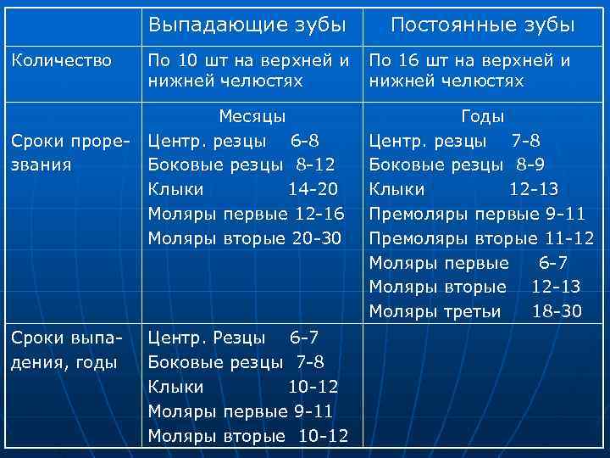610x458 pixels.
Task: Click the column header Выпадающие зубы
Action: (x=247, y=25)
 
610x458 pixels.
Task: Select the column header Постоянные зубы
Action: (x=482, y=25)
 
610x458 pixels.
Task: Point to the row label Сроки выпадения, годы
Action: (x=66, y=351)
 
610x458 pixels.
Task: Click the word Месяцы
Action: (x=252, y=115)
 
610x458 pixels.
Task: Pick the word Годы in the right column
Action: (x=482, y=115)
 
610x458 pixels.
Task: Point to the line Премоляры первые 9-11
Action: (x=477, y=213)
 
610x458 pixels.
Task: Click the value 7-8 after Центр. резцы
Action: (x=526, y=139)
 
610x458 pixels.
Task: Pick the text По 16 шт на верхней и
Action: (x=469, y=60)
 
